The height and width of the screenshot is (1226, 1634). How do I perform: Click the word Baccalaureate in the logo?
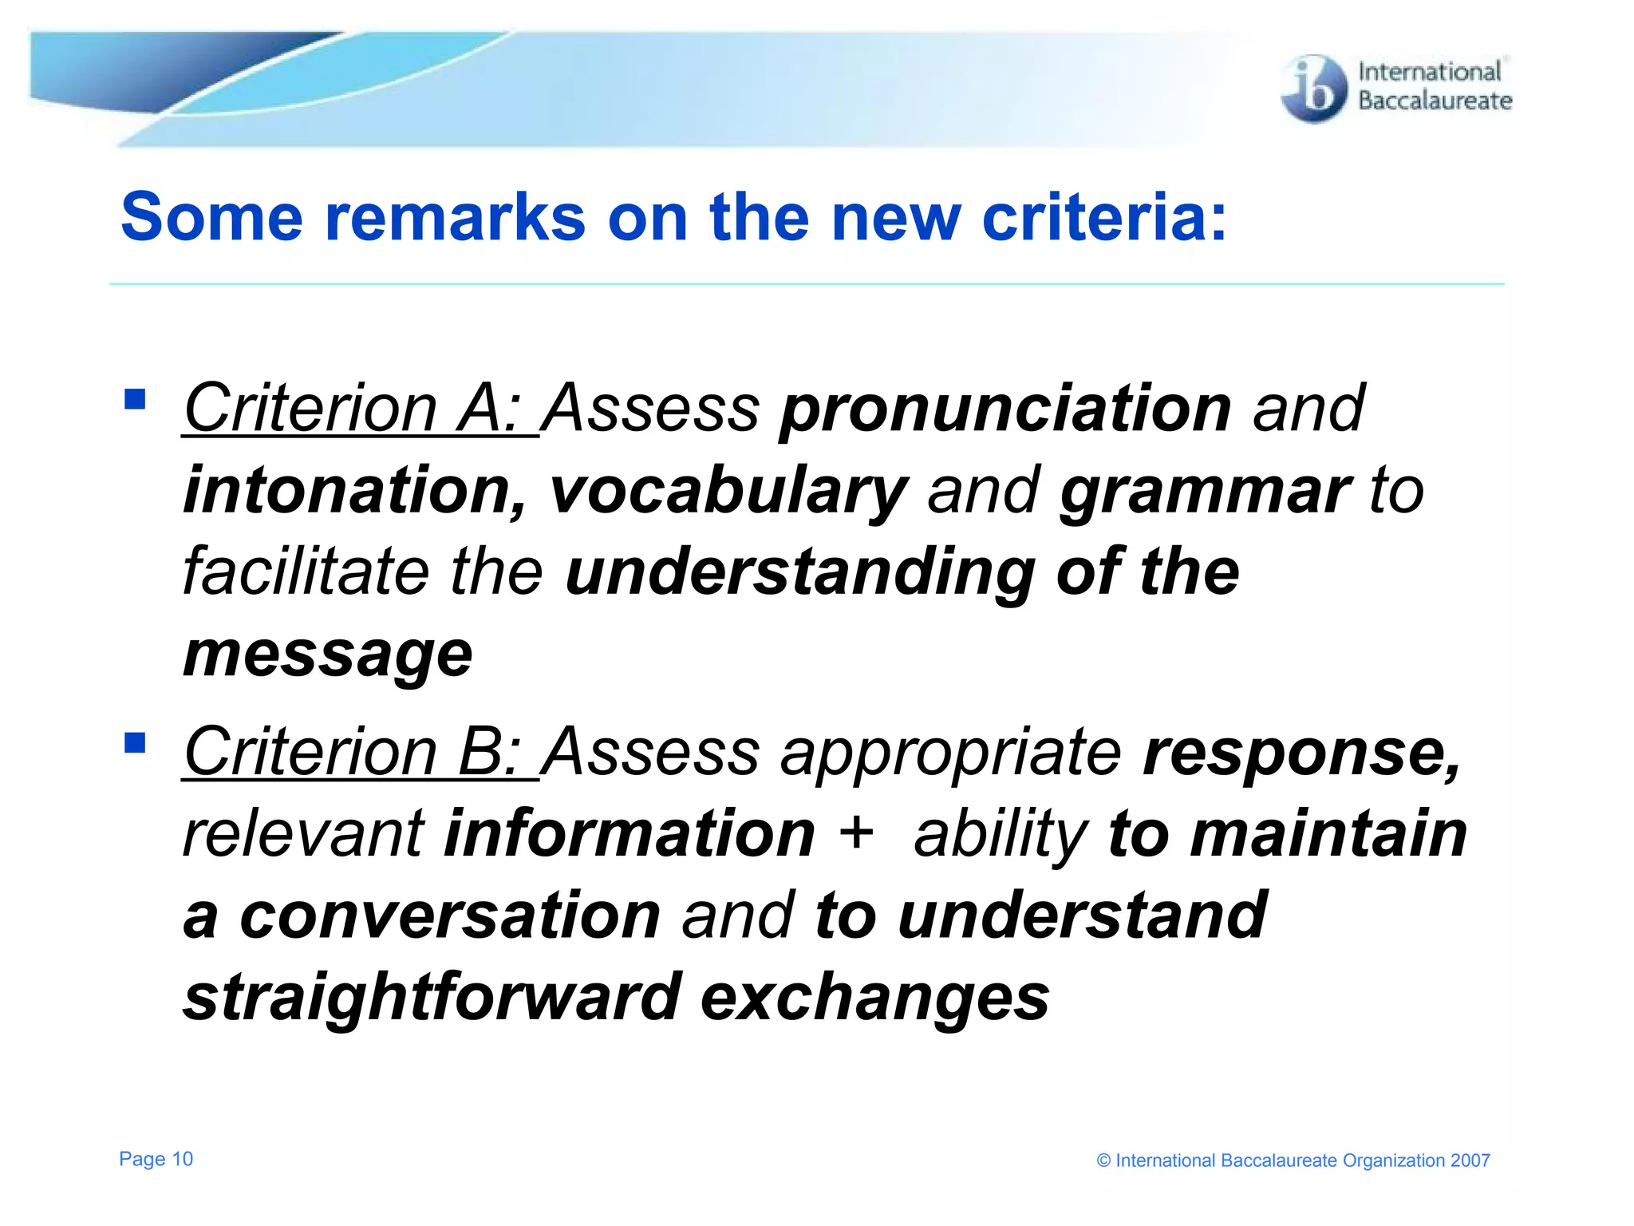1435,101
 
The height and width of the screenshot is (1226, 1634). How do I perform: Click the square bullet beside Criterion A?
135,398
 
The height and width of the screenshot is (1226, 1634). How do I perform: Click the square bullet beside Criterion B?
135,742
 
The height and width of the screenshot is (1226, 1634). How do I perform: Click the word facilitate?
306,571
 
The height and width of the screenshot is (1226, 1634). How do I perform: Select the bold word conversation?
450,916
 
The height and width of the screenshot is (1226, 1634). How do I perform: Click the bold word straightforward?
432,998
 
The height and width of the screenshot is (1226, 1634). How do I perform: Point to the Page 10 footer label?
156,1159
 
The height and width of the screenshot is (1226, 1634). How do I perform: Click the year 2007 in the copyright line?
1470,1161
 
